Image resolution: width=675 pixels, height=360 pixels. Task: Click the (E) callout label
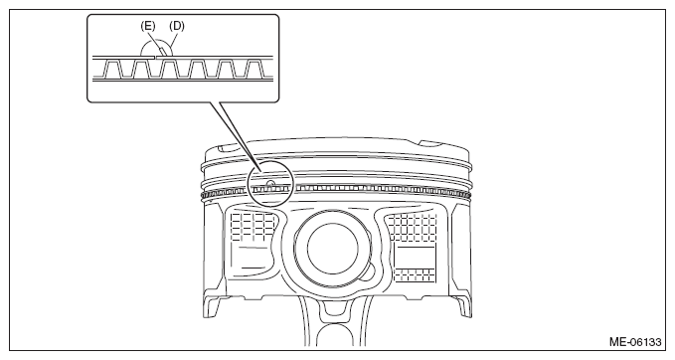148,26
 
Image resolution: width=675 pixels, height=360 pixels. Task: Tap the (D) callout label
177,26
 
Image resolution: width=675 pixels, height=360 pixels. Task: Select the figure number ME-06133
635,342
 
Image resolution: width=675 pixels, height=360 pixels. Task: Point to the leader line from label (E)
154,44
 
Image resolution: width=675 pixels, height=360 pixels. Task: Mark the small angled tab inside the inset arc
160,51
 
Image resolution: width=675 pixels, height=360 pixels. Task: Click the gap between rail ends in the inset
156,57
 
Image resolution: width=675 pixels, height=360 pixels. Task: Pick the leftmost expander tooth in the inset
112,69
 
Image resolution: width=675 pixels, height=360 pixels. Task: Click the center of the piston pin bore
333,249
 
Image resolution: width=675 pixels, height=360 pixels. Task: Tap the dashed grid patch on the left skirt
253,227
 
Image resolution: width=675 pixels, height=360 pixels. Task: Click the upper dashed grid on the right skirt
413,228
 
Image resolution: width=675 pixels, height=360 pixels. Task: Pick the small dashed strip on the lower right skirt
415,275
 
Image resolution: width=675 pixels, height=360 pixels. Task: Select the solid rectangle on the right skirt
415,258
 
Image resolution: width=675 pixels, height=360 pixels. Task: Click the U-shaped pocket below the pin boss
333,308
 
